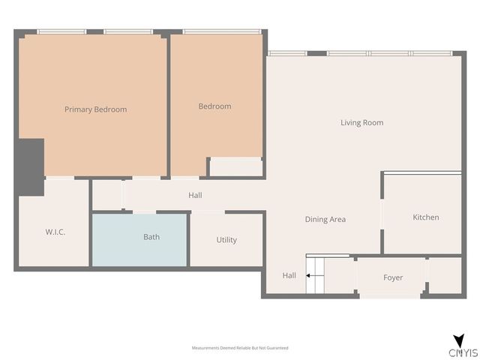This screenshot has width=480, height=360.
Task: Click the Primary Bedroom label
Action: click(x=95, y=109)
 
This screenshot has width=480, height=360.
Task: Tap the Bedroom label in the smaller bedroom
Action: click(x=214, y=106)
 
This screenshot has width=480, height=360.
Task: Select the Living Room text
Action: click(x=361, y=123)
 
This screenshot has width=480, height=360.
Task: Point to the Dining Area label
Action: click(x=325, y=220)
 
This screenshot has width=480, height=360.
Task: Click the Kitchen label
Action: click(x=425, y=217)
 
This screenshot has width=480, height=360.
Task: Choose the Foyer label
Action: click(x=393, y=277)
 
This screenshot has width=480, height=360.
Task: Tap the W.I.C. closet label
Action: click(x=55, y=232)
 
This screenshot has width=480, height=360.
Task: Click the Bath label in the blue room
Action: click(x=151, y=238)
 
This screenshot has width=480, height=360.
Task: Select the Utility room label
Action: click(x=226, y=240)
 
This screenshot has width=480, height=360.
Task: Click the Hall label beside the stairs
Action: click(x=289, y=276)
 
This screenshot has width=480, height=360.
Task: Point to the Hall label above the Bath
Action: click(x=195, y=196)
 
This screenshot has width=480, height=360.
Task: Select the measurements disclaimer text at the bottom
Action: click(x=240, y=348)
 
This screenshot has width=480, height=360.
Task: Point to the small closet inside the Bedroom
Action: click(x=235, y=167)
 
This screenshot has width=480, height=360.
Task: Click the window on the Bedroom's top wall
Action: click(x=216, y=31)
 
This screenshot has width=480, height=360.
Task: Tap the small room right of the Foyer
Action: click(x=444, y=276)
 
